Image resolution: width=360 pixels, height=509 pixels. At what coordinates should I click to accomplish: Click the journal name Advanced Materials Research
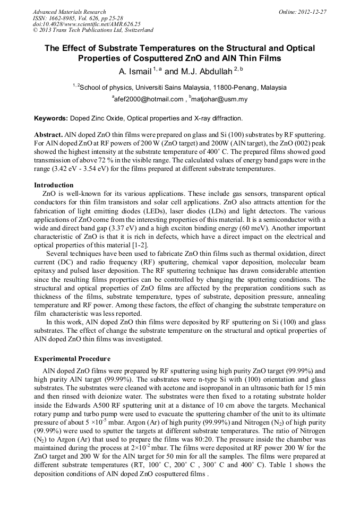(x=69, y=12)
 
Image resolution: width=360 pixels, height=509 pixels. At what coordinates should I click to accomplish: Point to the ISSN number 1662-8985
(x=65, y=18)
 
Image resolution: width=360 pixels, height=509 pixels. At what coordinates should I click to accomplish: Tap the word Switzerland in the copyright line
(x=135, y=30)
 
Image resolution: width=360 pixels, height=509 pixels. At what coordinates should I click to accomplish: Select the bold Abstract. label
(x=49, y=136)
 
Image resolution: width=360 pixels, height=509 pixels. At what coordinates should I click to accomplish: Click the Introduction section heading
(x=54, y=185)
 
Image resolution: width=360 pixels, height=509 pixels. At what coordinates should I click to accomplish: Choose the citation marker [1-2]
(x=139, y=245)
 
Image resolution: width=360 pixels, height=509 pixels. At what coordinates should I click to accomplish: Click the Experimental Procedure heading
(x=72, y=359)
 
